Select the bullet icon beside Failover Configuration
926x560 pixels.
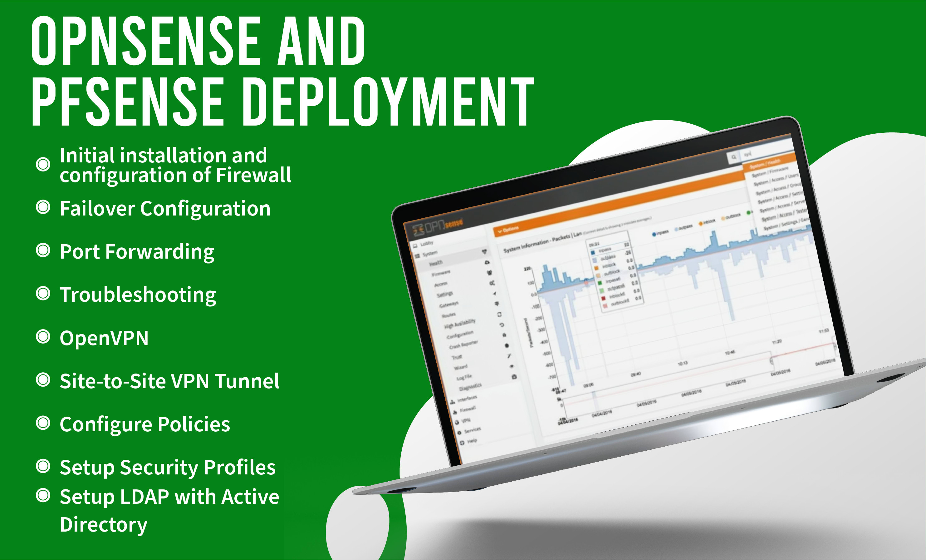tap(43, 207)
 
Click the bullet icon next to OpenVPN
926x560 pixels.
tap(43, 337)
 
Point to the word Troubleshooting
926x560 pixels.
tap(138, 295)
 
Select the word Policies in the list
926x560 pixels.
tap(194, 424)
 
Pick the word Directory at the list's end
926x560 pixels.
tap(103, 525)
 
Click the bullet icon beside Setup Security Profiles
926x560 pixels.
tap(43, 466)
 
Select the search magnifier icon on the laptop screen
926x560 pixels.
tap(733, 157)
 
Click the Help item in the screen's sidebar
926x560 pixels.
tap(472, 440)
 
